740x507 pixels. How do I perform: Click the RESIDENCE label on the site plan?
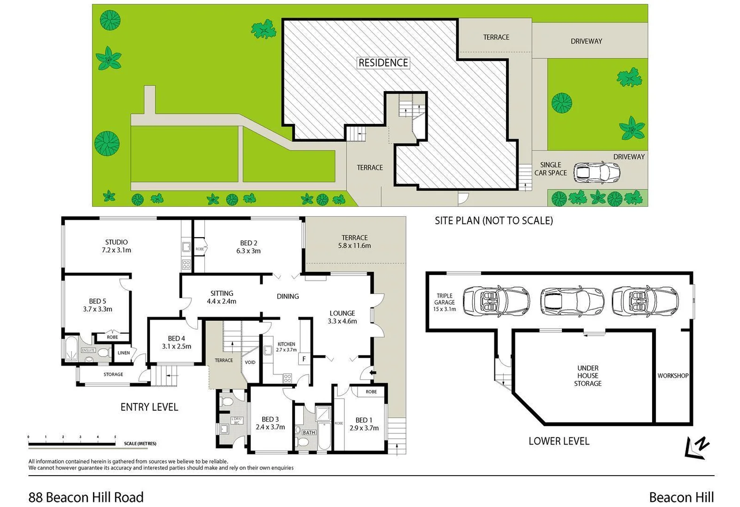[x=383, y=62]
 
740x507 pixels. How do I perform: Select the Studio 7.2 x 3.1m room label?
[x=116, y=246]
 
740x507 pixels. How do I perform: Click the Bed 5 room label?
[x=97, y=305]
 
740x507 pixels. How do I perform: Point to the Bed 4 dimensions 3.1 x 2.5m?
[x=177, y=346]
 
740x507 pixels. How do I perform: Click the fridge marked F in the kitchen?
[x=304, y=359]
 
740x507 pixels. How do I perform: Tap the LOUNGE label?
[x=342, y=313]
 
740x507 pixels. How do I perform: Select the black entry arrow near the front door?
[x=373, y=373]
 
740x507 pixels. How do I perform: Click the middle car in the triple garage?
[x=571, y=301]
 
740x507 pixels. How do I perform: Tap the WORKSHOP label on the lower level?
[x=673, y=376]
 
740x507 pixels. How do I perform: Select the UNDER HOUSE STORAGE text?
[x=588, y=376]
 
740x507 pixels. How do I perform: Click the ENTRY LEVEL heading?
[x=149, y=407]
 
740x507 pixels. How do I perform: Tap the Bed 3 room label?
[x=270, y=423]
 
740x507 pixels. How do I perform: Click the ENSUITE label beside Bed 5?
[x=88, y=350]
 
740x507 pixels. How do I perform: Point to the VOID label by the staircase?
[x=250, y=362]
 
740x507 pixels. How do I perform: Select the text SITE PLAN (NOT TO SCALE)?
[x=493, y=220]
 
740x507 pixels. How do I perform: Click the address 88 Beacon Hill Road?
[x=86, y=497]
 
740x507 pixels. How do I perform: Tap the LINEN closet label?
[x=124, y=353]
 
